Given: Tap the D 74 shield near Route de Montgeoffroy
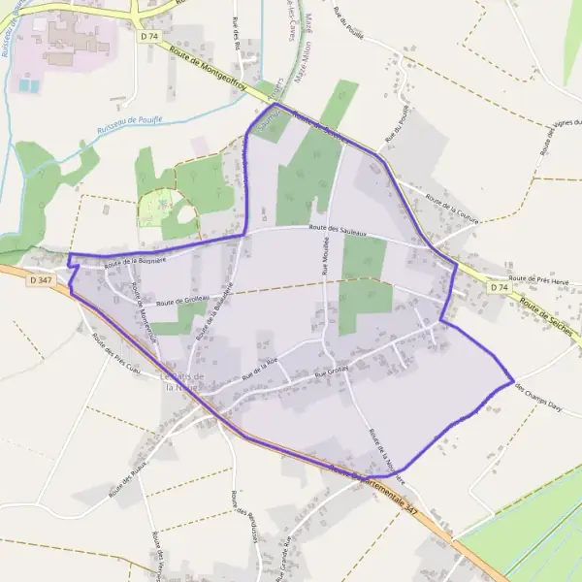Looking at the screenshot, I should (148, 37).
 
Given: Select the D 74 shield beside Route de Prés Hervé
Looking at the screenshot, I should (498, 288).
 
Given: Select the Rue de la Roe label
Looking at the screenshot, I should (260, 366).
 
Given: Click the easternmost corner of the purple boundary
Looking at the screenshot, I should (513, 381).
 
